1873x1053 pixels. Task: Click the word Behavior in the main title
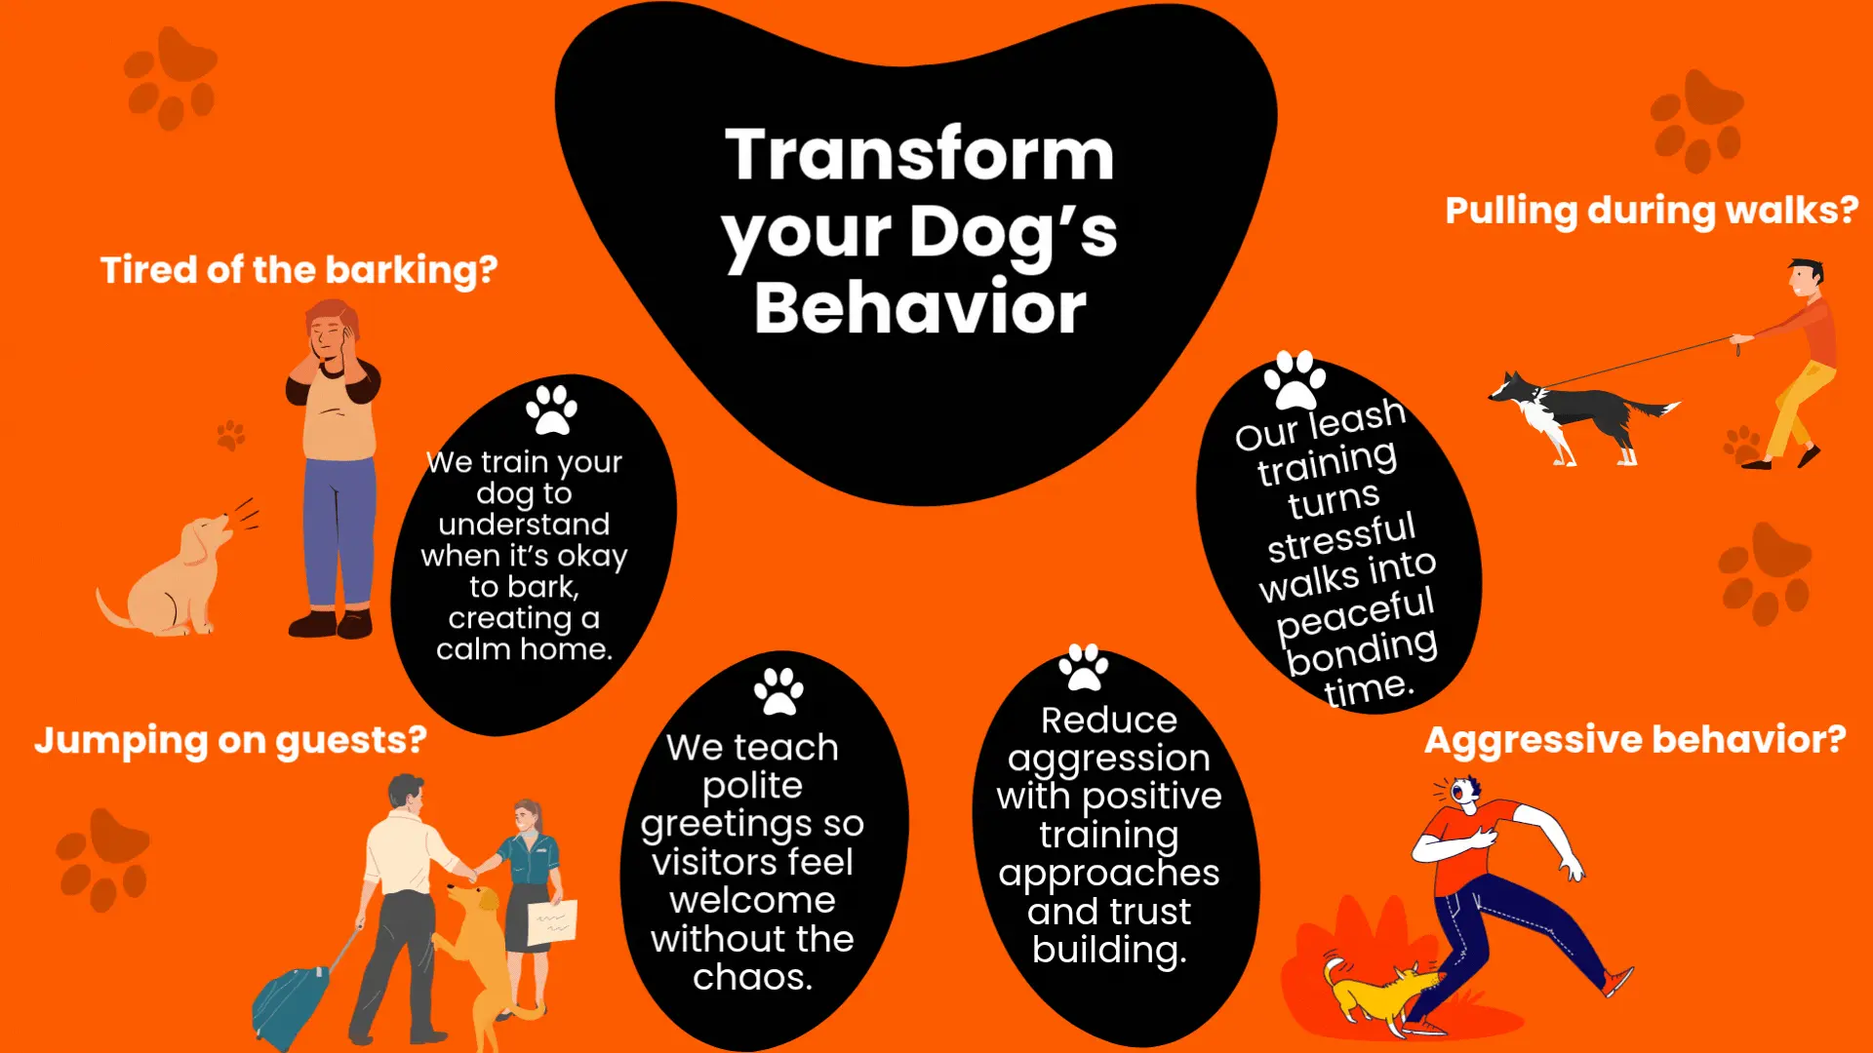920,307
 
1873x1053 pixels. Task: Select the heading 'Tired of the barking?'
299,270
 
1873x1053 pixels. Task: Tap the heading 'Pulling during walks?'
1652,211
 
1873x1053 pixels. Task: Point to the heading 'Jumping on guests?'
231,740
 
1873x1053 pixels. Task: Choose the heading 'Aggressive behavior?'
1635,740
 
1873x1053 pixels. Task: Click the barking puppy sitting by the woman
176,575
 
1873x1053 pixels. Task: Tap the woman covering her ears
333,468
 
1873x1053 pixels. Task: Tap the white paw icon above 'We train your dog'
551,409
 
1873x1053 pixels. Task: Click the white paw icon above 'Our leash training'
1295,379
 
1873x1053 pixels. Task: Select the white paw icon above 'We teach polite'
778,691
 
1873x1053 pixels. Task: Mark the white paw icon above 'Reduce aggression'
1083,667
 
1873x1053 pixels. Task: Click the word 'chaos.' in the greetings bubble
752,977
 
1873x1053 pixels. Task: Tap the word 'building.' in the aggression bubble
1109,950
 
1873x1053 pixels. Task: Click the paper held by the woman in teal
552,922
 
